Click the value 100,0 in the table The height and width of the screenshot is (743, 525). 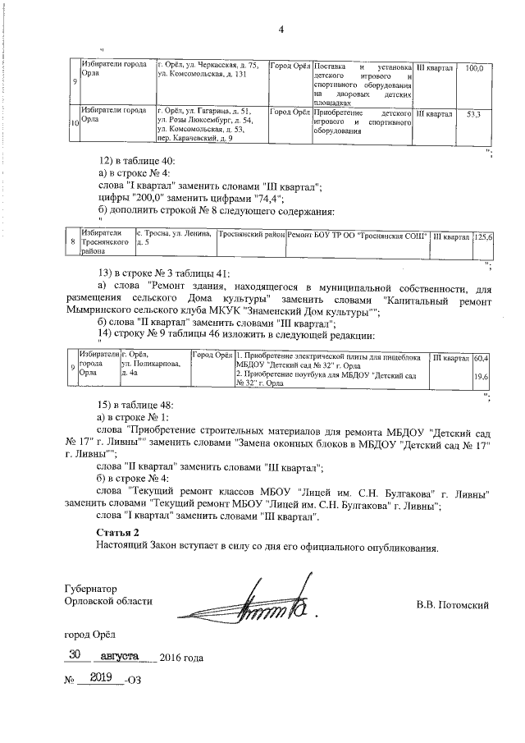click(x=473, y=67)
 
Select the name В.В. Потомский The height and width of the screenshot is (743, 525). click(x=453, y=606)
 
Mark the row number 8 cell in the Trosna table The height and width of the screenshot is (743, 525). click(x=72, y=243)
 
